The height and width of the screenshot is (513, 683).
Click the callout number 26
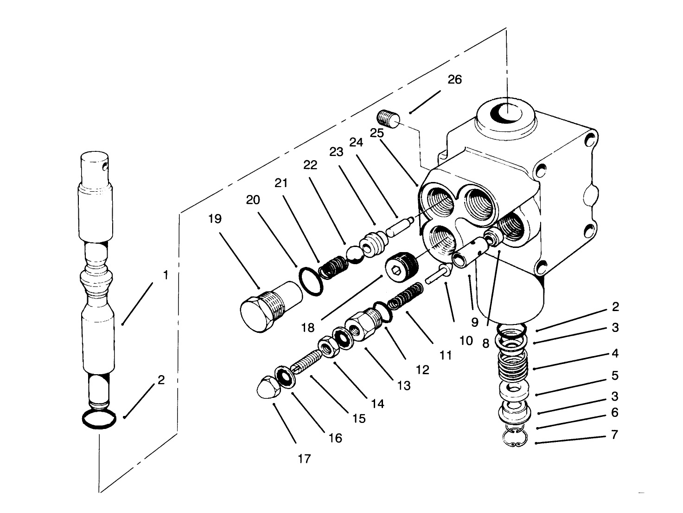[454, 79]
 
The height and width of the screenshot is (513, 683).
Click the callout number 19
[215, 219]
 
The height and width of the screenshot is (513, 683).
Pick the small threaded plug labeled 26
[389, 118]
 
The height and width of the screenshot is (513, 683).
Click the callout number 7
[614, 436]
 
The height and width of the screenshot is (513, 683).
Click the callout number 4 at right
[615, 353]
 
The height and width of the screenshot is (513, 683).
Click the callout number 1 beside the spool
[165, 275]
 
